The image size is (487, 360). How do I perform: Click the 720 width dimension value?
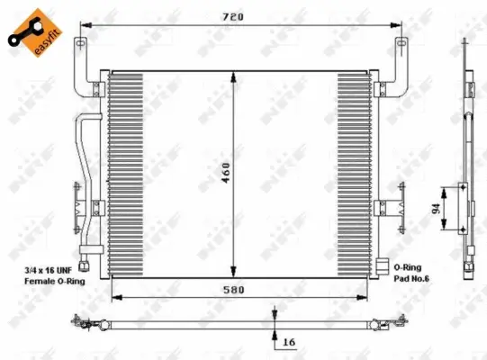(x=237, y=16)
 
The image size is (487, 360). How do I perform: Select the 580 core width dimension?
(x=236, y=291)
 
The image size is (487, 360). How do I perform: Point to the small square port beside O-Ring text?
(x=382, y=267)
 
